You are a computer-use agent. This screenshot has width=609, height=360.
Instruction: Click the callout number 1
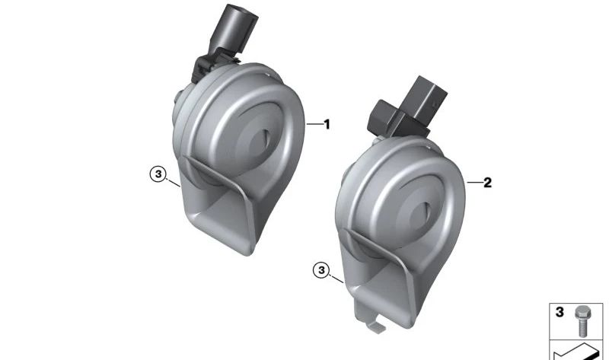point(327,124)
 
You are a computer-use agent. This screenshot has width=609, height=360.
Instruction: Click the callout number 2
point(487,182)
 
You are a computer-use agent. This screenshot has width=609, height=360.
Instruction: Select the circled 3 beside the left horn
point(158,174)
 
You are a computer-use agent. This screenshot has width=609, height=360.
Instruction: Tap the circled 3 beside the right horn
point(321,270)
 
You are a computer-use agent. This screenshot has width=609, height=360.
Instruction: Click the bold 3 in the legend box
point(560,312)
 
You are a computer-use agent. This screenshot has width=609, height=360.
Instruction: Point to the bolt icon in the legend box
point(582,320)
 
